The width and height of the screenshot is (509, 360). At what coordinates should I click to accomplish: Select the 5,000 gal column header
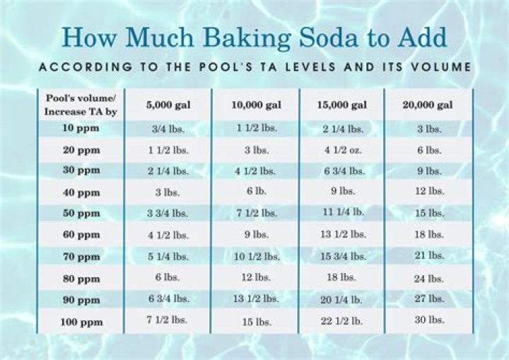coord(168,105)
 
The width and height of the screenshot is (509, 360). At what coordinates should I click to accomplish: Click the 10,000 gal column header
coord(256,105)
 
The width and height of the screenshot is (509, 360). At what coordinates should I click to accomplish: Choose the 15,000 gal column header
coord(343,105)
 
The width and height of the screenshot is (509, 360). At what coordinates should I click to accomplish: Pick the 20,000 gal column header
coord(428,105)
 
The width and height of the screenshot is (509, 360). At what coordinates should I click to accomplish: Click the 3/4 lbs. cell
coord(168,129)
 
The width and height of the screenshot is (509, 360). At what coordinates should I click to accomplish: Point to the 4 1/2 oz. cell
coord(343,150)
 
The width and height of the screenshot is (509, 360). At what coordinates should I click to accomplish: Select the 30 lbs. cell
coord(429,320)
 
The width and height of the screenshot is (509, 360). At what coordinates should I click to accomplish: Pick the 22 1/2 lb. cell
coord(343,320)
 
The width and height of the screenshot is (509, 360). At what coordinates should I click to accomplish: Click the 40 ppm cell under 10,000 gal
coord(256,192)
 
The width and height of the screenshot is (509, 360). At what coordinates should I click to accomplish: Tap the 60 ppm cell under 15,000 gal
coord(343,234)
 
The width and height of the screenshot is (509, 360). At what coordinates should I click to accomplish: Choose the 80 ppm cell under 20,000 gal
coord(429,279)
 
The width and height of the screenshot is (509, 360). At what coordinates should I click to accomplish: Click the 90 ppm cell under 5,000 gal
coord(168,298)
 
